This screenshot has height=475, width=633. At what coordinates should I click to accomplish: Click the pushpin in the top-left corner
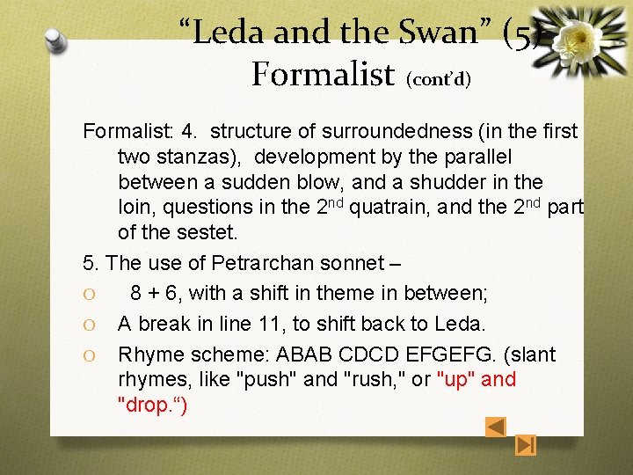[55, 39]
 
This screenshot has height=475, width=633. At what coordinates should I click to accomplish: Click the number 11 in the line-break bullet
[266, 324]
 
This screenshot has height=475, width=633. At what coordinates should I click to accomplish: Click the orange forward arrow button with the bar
[526, 446]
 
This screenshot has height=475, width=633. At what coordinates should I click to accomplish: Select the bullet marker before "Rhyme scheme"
[89, 355]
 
